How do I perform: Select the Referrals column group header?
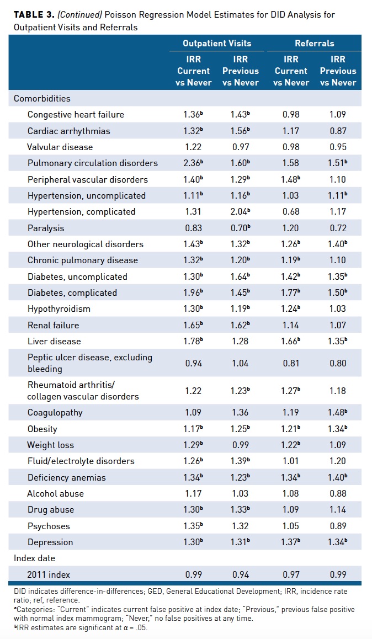pyautogui.click(x=314, y=43)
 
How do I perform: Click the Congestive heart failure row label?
pyautogui.click(x=76, y=115)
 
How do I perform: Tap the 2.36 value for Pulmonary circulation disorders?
pyautogui.click(x=193, y=163)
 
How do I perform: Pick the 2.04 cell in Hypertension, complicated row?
pyautogui.click(x=240, y=212)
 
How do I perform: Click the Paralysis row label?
pyautogui.click(x=46, y=228)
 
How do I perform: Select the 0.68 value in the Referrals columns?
pyautogui.click(x=290, y=212)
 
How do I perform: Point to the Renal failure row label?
pyautogui.click(x=54, y=325)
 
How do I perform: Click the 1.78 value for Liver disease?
pyautogui.click(x=193, y=342)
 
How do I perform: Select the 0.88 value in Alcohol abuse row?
pyautogui.click(x=337, y=494)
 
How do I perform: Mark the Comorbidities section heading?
pyautogui.click(x=42, y=99)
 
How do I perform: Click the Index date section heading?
pyautogui.click(x=35, y=558)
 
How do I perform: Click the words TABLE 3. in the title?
pyautogui.click(x=33, y=14)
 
